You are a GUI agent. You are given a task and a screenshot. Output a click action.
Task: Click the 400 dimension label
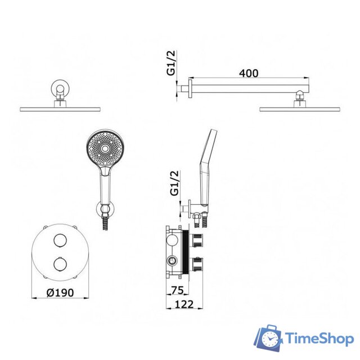pyautogui.click(x=249, y=73)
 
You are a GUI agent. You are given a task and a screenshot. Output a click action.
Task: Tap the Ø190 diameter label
pyautogui.click(x=60, y=292)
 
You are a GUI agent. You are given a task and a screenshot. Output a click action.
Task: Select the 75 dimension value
pyautogui.click(x=178, y=290)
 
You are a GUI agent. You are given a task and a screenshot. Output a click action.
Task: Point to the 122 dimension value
pyautogui.click(x=184, y=304)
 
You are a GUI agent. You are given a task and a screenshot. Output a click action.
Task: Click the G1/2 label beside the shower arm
pyautogui.click(x=171, y=63)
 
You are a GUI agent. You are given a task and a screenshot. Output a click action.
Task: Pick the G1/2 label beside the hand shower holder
pyautogui.click(x=174, y=183)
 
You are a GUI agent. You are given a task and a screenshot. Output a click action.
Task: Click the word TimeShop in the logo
pyautogui.click(x=319, y=339)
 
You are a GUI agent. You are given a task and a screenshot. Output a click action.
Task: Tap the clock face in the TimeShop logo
pyautogui.click(x=270, y=339)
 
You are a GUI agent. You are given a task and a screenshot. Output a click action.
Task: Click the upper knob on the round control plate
pyautogui.click(x=60, y=240)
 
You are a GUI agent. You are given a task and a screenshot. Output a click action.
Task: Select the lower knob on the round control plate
pyautogui.click(x=60, y=264)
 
